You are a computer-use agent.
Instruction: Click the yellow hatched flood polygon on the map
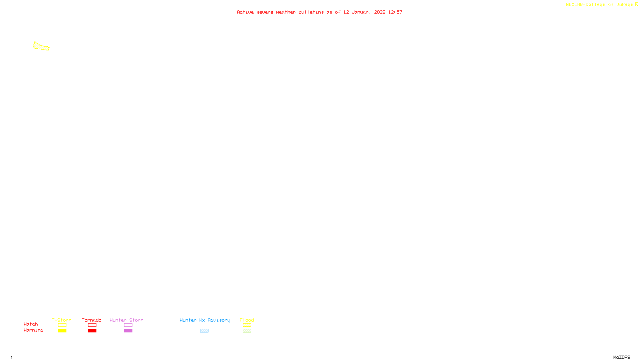41,47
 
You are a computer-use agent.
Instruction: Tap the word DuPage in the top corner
624,5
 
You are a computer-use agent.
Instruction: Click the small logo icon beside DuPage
636,4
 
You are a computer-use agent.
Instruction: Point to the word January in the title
361,12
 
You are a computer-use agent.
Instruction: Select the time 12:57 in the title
395,12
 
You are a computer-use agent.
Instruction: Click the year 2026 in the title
380,12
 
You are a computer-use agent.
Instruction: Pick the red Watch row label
31,324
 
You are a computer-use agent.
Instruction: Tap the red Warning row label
33,330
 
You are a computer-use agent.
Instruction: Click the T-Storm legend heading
62,320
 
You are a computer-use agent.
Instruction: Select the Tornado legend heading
92,320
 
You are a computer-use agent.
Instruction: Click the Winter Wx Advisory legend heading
205,320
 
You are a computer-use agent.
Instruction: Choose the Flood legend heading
247,320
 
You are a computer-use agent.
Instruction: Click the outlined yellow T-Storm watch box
62,325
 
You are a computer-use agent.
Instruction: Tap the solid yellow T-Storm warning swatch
62,331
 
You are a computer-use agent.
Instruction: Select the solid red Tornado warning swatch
92,331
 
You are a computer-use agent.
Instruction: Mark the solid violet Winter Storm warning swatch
128,331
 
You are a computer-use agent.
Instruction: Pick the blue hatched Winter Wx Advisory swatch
204,331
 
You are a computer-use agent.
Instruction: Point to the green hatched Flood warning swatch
247,331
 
